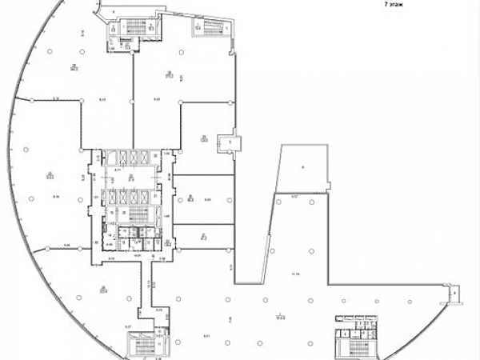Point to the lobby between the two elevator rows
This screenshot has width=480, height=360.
(x=130, y=175)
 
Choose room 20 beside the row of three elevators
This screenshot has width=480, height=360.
(x=154, y=155)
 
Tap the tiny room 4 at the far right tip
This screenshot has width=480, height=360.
(x=454, y=293)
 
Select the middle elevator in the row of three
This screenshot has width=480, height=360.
(x=129, y=155)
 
